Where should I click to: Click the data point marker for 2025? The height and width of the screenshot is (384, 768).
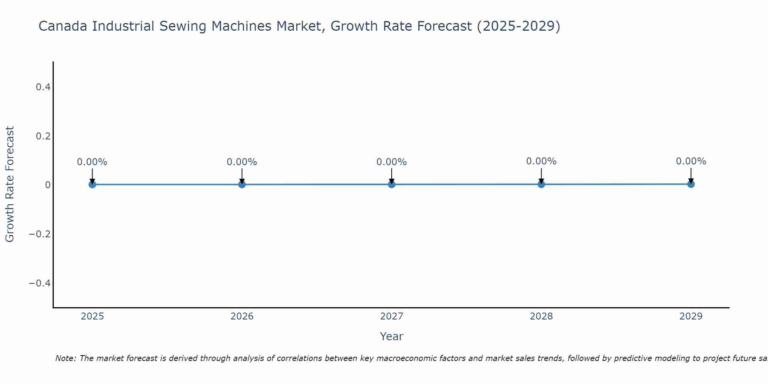point(92,184)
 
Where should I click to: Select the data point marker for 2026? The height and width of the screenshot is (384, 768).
point(242,184)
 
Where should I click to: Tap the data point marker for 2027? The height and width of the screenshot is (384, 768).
point(392,184)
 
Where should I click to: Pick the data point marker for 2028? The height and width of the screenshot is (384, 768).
point(541,184)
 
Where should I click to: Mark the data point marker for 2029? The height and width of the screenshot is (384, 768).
point(691,184)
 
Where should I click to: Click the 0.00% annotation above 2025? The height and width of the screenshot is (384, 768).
point(92,162)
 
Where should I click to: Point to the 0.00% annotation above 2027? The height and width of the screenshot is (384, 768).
point(392,162)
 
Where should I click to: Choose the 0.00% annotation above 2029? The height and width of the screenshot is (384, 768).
point(691,161)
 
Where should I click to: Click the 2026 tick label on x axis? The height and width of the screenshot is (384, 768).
point(242,316)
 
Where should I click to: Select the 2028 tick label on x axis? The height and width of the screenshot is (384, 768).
point(541,316)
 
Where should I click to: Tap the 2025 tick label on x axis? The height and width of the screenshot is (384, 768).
point(93,316)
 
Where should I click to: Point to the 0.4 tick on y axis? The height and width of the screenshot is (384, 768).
point(43,87)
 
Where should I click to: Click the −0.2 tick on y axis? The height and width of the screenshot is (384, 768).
point(40,234)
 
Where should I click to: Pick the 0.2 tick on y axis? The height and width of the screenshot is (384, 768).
point(43,136)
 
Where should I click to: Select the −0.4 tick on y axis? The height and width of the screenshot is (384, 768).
point(40,283)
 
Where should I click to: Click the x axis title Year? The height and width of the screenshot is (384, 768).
point(391,336)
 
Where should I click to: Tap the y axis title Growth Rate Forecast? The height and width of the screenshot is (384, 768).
point(10,184)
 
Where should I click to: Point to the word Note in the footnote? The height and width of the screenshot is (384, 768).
point(65,358)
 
